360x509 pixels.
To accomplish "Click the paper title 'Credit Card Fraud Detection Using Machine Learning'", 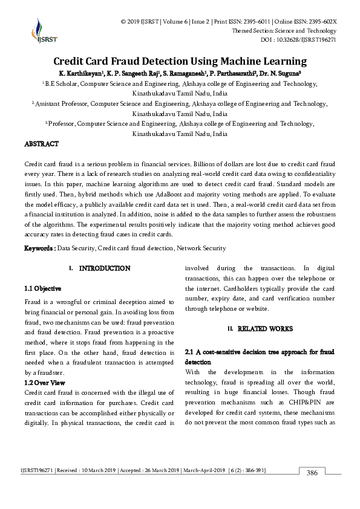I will (180, 61).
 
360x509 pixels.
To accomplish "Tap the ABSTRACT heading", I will (41, 144).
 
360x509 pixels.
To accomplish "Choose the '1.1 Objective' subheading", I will (42, 288).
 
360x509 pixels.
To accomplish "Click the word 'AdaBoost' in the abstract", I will (171, 195).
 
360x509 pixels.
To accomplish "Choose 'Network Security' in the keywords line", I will (201, 248).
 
